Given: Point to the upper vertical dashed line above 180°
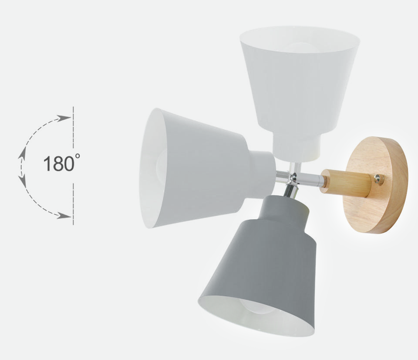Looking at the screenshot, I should coord(73,126).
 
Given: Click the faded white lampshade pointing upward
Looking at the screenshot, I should coord(300,83).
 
